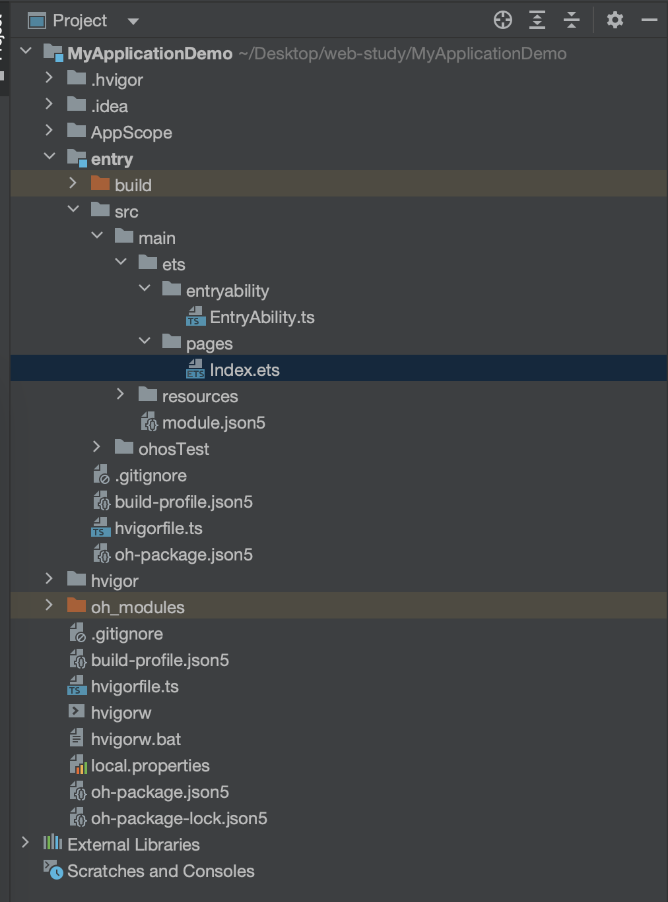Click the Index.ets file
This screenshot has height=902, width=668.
pos(244,370)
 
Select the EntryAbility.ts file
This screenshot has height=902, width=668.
pos(261,317)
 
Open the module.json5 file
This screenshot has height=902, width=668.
pos(213,423)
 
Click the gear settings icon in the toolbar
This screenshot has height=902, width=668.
pos(615,20)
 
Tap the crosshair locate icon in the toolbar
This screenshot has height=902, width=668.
pos(503,20)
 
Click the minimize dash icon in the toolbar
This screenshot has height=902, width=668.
pos(650,20)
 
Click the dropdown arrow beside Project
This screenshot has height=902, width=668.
pos(133,21)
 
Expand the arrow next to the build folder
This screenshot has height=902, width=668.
pos(73,183)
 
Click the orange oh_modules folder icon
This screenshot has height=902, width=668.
pos(77,606)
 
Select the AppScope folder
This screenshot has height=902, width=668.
pos(131,133)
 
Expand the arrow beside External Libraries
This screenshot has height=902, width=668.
pos(25,843)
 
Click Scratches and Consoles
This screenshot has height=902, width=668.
pos(160,871)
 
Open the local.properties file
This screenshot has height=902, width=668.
pos(150,766)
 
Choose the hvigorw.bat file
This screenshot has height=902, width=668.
pos(135,739)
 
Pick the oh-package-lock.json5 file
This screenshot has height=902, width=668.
pos(179,818)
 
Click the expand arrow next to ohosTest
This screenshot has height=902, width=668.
pos(97,447)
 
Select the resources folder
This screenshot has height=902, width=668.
pos(199,396)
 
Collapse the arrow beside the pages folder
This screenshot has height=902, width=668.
pos(145,341)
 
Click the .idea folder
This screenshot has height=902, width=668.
pos(109,106)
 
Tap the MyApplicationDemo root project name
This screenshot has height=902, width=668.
pos(150,53)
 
